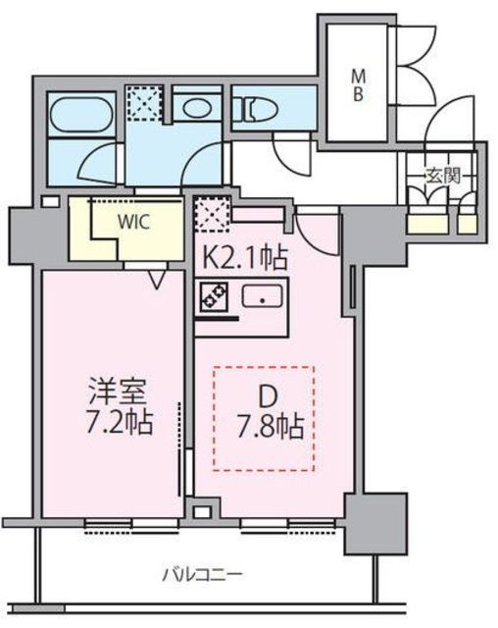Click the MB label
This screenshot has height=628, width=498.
point(358,85)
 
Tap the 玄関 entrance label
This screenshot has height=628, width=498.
point(443,176)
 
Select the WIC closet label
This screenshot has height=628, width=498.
point(133,222)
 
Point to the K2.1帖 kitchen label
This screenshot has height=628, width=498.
point(245,257)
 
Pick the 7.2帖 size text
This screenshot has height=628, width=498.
point(120,423)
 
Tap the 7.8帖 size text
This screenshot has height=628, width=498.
point(271,428)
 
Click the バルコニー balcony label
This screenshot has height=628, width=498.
point(202,575)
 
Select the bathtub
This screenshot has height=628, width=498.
point(81,114)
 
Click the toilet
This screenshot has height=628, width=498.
point(259,110)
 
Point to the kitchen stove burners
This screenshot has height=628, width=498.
point(215,296)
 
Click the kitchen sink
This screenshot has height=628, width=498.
point(263,296)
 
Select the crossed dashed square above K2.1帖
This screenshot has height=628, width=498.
point(212,214)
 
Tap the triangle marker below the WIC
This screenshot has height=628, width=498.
point(157,279)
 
